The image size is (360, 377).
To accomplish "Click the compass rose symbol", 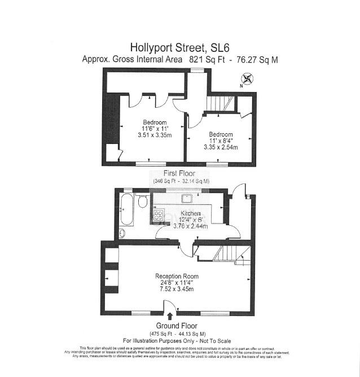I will pyautogui.click(x=249, y=80).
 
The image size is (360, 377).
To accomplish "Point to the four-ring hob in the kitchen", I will pyautogui.click(x=157, y=216).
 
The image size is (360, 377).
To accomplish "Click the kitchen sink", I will pyautogui.click(x=186, y=199).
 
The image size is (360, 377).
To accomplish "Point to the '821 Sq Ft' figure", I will pyautogui.click(x=202, y=59).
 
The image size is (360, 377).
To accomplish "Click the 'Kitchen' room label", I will pyautogui.click(x=189, y=212).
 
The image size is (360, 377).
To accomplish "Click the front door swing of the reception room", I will pyautogui.click(x=169, y=308).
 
